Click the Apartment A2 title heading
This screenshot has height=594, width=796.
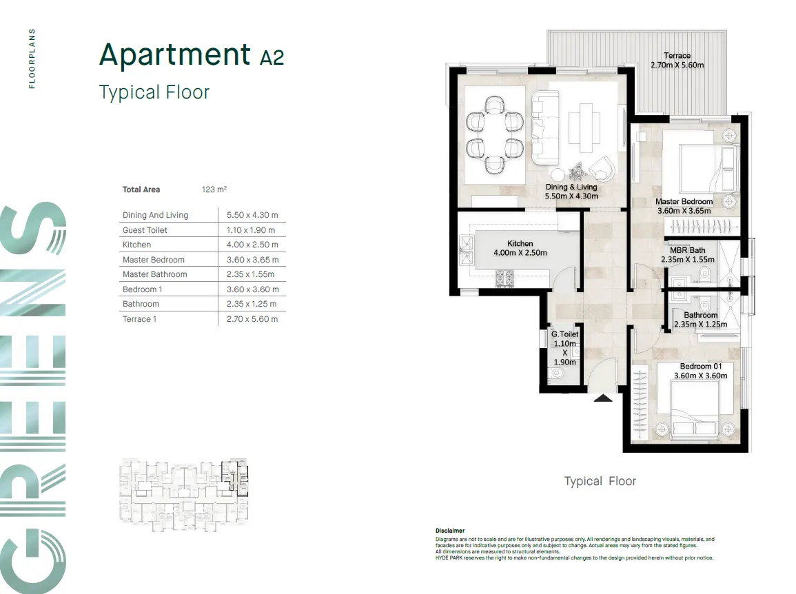pos(191,55)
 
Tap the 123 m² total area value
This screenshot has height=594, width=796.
pos(214,190)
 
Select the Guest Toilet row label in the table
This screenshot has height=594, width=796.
pos(145,230)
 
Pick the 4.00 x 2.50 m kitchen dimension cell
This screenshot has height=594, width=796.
pos(252,245)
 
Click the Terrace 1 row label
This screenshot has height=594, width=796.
pos(140,319)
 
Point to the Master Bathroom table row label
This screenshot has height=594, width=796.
pos(154,274)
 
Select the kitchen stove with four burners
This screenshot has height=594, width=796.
pos(503,278)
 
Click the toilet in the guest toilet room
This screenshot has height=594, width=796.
pos(558,374)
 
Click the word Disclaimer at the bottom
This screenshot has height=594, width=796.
pos(450,531)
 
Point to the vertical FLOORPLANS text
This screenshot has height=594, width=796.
pos(32,59)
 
